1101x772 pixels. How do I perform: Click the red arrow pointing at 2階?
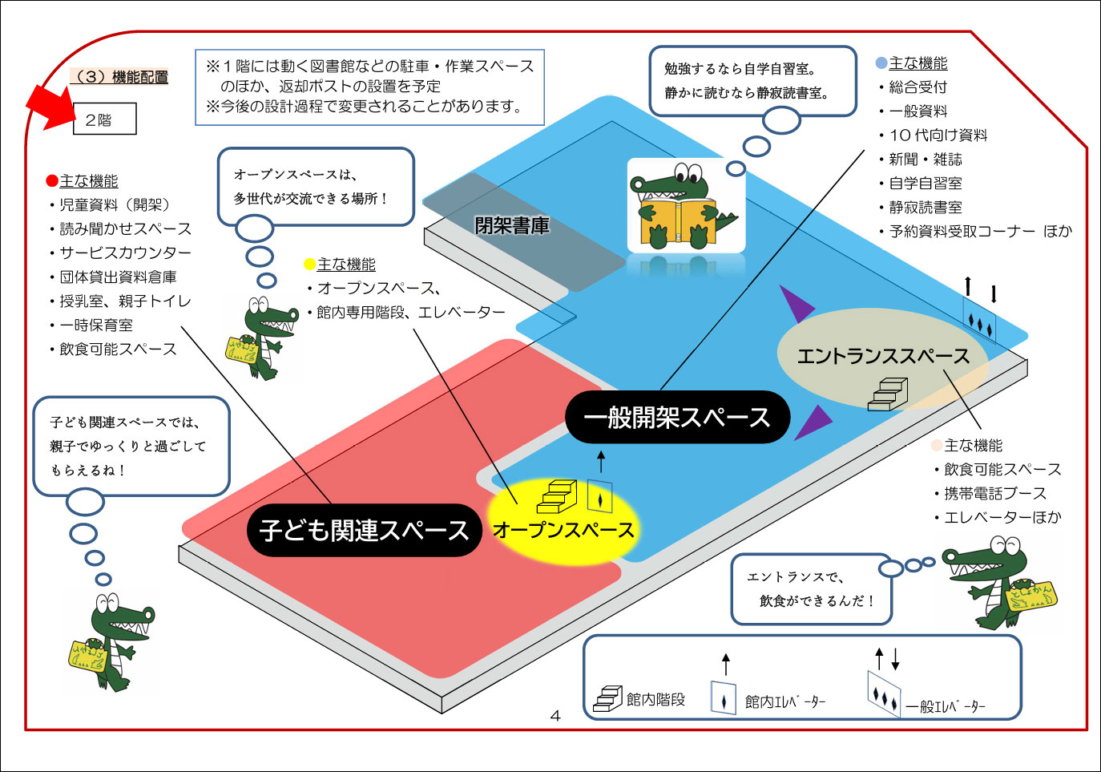point(50,105)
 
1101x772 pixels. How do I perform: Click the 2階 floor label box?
point(104,119)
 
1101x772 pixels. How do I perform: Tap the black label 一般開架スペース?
point(677,417)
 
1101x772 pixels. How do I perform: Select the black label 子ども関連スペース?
point(365,530)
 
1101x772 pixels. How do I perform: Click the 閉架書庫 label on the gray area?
point(512,226)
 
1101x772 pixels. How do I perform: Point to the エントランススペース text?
point(882,356)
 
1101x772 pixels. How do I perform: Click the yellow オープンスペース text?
point(563,530)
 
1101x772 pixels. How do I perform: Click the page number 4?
point(555,715)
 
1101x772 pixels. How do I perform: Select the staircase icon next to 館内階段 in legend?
point(607,698)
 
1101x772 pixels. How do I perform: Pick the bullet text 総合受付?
point(917,87)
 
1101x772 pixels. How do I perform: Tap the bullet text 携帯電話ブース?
point(994,493)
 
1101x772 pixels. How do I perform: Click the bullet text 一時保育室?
point(96,325)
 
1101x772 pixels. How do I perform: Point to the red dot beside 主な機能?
point(52,181)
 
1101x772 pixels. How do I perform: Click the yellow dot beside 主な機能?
point(309,265)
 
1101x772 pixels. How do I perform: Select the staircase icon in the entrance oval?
point(888,394)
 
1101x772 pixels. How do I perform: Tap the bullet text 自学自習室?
point(926,183)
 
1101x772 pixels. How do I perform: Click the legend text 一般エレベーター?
point(946,706)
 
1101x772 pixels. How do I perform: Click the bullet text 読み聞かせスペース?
point(125,228)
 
